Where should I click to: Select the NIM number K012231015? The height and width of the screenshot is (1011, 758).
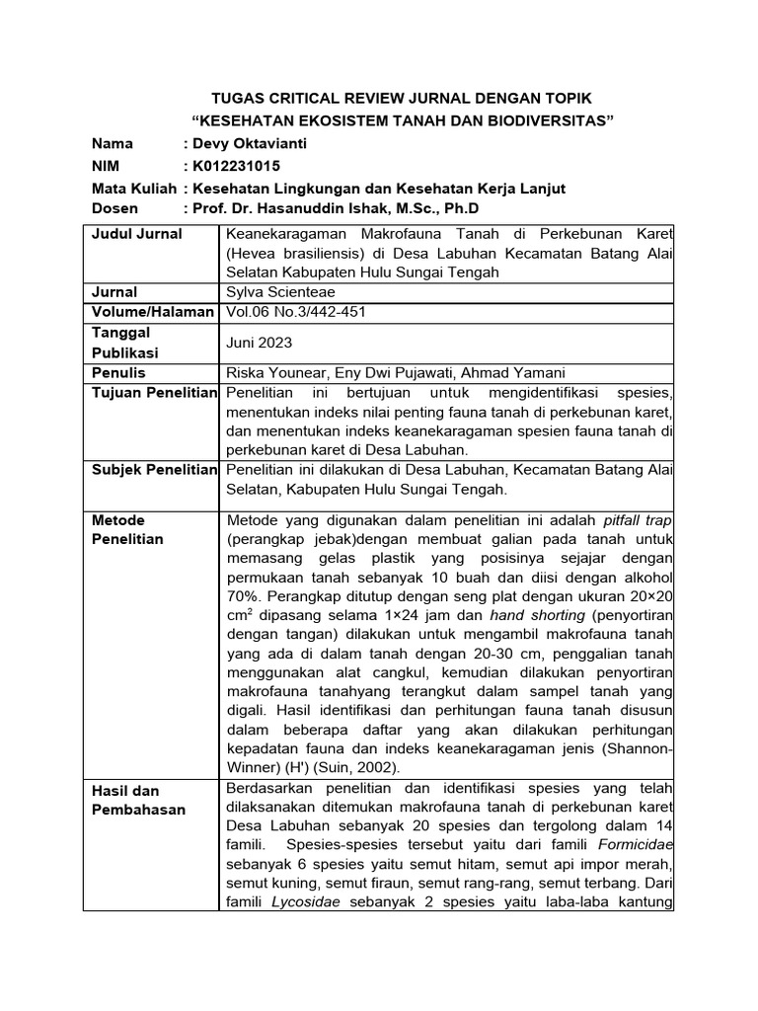pyautogui.click(x=240, y=166)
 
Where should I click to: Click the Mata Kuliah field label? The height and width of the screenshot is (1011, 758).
pyautogui.click(x=132, y=188)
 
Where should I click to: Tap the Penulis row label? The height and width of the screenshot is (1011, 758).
pyautogui.click(x=118, y=372)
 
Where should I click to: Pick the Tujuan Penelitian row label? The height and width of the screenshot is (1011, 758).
pyautogui.click(x=153, y=393)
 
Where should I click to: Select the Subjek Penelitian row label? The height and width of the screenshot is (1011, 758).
pyautogui.click(x=153, y=469)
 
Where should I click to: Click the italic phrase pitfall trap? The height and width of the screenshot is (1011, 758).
pyautogui.click(x=637, y=520)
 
